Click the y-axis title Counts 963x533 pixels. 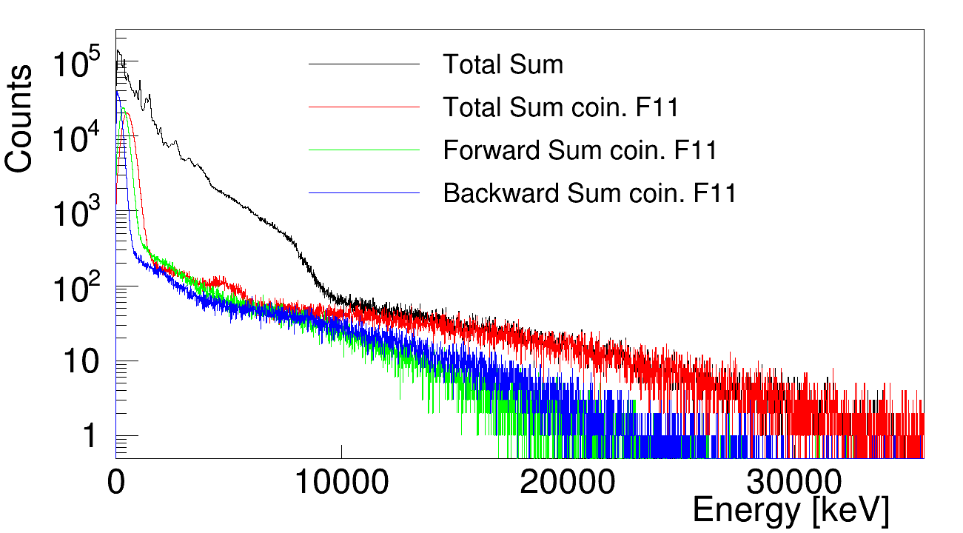(x=19, y=118)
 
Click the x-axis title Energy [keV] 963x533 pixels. (x=790, y=511)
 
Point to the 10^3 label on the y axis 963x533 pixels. (x=80, y=215)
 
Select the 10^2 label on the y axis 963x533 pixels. (x=80, y=289)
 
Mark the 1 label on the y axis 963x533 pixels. (x=89, y=437)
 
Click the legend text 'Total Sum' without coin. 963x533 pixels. (x=503, y=65)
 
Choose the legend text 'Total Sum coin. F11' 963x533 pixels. (x=561, y=108)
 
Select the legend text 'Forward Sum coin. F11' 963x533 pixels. (x=580, y=151)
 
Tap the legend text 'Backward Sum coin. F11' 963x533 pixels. (x=590, y=194)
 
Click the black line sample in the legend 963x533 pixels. (x=364, y=64)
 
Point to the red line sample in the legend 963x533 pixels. (x=364, y=107)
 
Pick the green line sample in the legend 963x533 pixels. (x=364, y=150)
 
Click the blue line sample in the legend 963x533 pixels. (x=364, y=193)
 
